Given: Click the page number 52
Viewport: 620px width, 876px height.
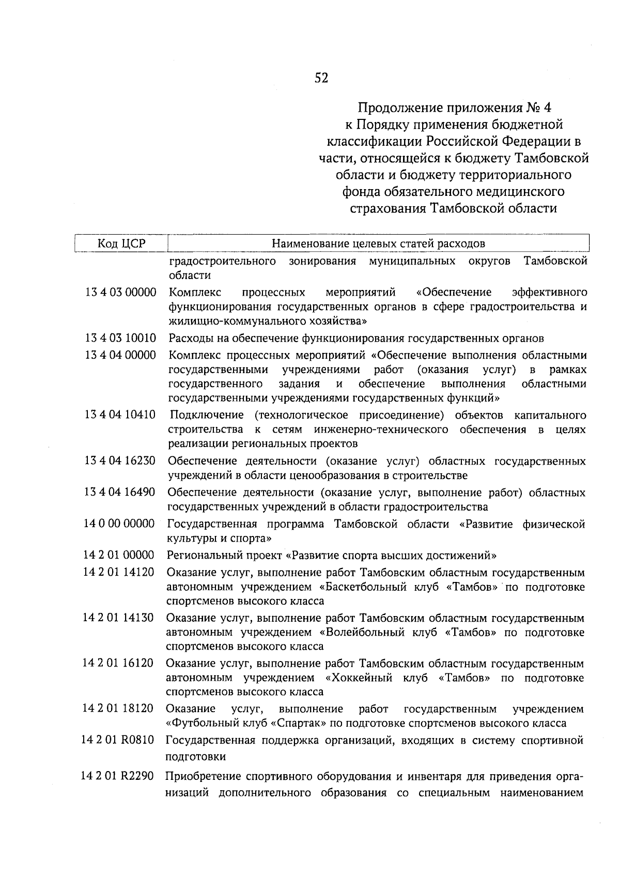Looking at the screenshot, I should click(x=321, y=78).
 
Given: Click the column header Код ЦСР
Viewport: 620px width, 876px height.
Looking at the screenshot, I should click(x=121, y=243).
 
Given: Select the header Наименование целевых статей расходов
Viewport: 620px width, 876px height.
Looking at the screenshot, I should click(x=379, y=243).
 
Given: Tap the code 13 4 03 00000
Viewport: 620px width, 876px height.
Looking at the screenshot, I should click(x=121, y=293).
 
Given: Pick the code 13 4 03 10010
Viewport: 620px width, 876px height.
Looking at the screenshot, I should click(x=121, y=339).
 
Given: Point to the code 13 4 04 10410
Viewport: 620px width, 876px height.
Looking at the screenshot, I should click(x=120, y=415).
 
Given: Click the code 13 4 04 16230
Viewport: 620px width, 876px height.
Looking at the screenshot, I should click(x=120, y=460).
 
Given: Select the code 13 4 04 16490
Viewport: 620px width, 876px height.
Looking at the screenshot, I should click(x=120, y=493).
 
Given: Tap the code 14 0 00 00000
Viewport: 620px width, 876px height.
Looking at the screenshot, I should click(x=119, y=524).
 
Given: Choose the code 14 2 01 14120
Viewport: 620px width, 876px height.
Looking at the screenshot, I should click(x=119, y=573).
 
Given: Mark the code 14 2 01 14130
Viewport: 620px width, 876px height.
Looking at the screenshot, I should click(x=118, y=618).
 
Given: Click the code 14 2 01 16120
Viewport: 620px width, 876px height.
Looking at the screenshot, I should click(x=118, y=663).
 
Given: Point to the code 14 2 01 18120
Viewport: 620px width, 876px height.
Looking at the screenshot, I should click(x=118, y=709).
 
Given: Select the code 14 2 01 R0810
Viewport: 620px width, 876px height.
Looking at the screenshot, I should click(x=118, y=741).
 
